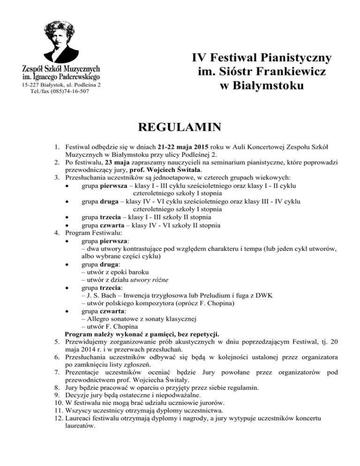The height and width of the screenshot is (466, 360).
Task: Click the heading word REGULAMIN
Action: (180, 128)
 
